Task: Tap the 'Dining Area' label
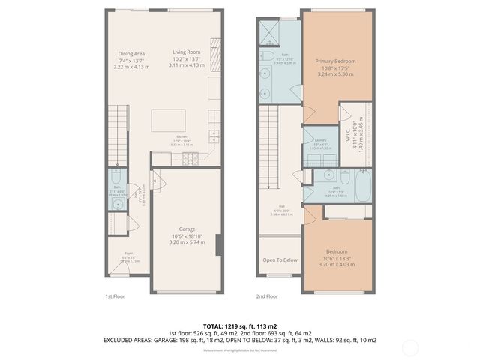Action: point(131,53)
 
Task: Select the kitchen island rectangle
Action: point(168,120)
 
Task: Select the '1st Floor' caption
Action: point(115,296)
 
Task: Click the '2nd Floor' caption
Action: point(267,296)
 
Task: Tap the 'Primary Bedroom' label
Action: point(335,61)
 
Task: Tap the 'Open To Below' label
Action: point(280,259)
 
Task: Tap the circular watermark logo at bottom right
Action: point(410,347)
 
